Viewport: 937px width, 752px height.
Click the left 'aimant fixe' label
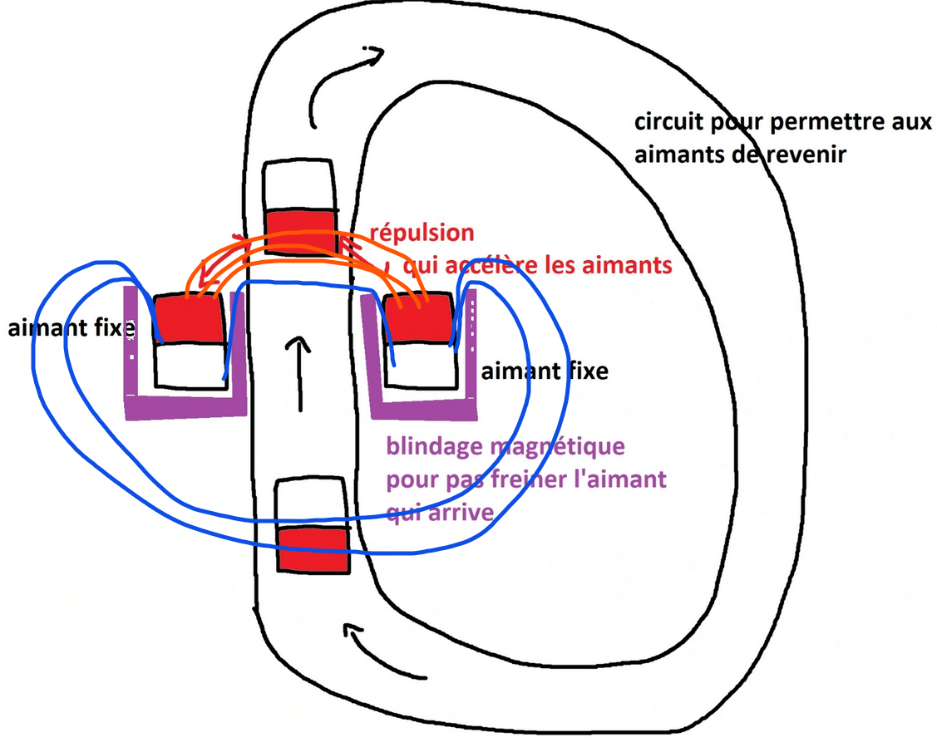click(x=70, y=328)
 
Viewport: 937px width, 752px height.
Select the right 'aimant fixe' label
click(x=545, y=370)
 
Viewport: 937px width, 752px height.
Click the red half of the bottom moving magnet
click(x=313, y=548)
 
